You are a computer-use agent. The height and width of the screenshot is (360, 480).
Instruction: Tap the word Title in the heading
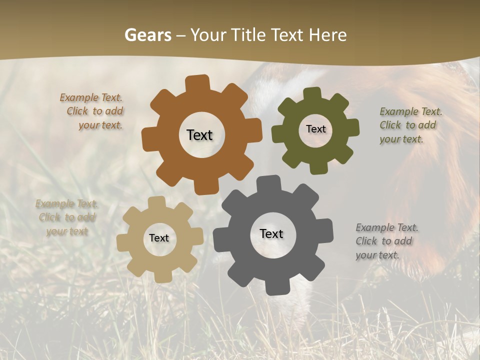248,35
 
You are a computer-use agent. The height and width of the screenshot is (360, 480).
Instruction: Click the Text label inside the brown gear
199,135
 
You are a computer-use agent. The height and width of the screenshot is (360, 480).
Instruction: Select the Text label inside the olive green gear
315,129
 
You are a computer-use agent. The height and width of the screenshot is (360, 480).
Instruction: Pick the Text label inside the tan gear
159,238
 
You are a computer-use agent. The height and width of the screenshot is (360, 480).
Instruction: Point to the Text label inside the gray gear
271,234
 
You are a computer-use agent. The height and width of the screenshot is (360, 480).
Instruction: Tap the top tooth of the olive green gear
312,93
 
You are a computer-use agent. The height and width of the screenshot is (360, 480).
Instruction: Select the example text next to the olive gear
408,125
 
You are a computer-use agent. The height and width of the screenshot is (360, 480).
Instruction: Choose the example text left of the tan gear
66,217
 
